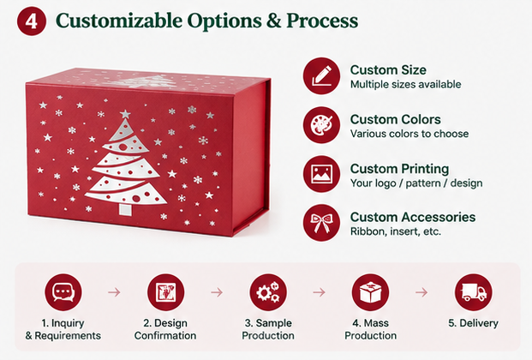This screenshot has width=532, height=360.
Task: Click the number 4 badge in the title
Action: pyautogui.click(x=32, y=21)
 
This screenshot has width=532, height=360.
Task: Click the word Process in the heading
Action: pyautogui.click(x=322, y=21)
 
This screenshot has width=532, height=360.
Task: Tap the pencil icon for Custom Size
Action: pyautogui.click(x=321, y=75)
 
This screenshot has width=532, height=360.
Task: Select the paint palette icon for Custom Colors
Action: pyautogui.click(x=321, y=125)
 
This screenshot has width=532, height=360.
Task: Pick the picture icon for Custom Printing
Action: pyautogui.click(x=321, y=174)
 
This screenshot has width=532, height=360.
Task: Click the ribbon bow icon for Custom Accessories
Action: pyautogui.click(x=321, y=223)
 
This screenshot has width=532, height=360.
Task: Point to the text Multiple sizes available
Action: pyautogui.click(x=405, y=84)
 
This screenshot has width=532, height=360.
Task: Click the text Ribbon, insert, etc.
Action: pyautogui.click(x=396, y=231)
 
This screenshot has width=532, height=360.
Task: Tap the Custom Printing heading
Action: pyautogui.click(x=399, y=169)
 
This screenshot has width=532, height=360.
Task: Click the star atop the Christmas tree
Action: pyautogui.click(x=125, y=114)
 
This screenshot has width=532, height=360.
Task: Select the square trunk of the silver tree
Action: pyautogui.click(x=124, y=209)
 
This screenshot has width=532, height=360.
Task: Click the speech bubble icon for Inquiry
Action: pyautogui.click(x=63, y=292)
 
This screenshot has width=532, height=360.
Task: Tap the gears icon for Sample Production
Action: pyautogui.click(x=268, y=292)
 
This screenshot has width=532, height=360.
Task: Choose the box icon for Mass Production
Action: pyautogui.click(x=370, y=292)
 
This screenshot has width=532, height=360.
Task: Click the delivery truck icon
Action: pyautogui.click(x=473, y=292)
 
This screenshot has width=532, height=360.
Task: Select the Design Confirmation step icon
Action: pyautogui.click(x=165, y=292)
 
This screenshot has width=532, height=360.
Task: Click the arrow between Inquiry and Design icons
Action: pyautogui.click(x=114, y=292)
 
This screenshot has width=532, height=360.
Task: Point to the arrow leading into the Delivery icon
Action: pyautogui.click(x=421, y=292)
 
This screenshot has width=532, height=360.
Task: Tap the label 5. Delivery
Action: pyautogui.click(x=473, y=323)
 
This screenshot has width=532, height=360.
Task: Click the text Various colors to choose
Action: pyautogui.click(x=409, y=134)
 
